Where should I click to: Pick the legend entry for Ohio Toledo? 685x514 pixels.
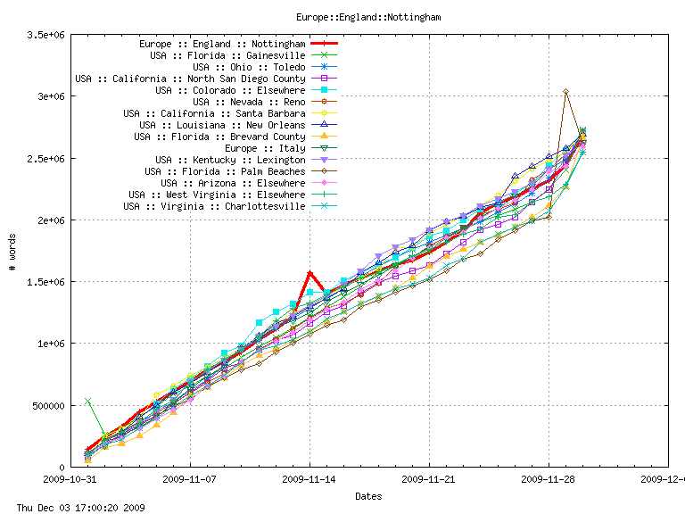(249, 67)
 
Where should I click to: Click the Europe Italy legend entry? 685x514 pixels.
(265, 148)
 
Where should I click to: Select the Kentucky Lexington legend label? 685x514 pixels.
(230, 160)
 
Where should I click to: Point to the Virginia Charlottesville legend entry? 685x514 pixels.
(214, 206)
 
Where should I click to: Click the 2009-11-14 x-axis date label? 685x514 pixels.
(309, 478)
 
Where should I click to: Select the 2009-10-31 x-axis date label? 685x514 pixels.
(70, 478)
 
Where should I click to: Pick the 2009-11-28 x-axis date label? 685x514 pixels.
(549, 478)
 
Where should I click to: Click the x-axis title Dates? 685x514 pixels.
(368, 495)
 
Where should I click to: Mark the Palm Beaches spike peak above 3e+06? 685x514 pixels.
(565, 91)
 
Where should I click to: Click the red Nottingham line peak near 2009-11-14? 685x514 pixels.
(309, 273)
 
